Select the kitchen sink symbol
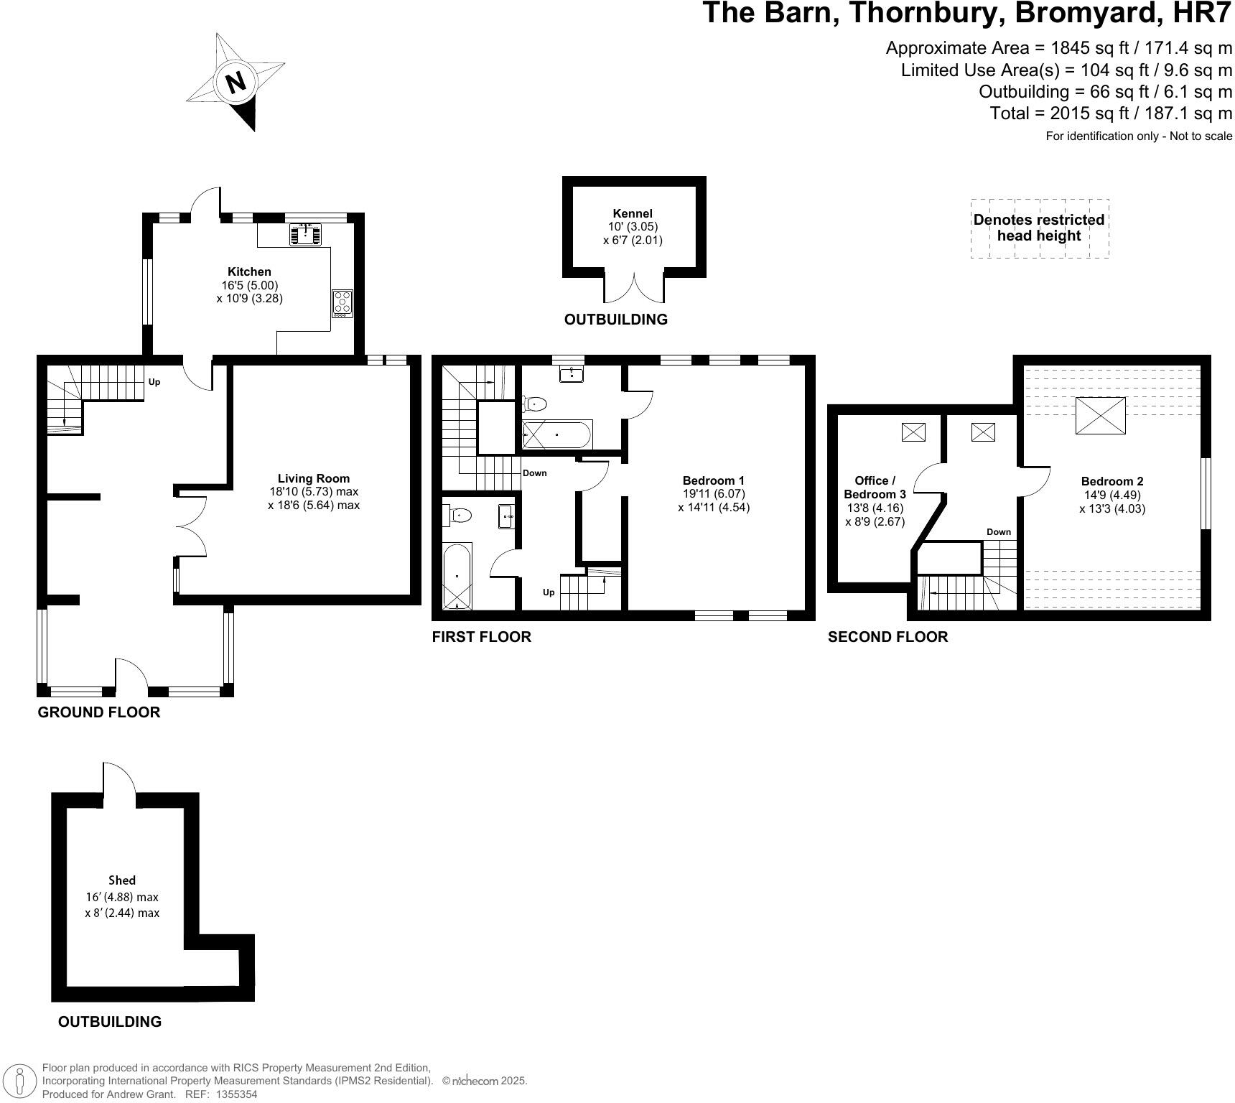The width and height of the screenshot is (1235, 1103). click(x=306, y=234)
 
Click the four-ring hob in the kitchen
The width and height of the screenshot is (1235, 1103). click(x=342, y=303)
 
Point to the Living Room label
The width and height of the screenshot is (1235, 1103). click(x=314, y=478)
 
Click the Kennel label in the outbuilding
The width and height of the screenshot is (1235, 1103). click(x=633, y=213)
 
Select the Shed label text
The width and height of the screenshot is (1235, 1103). click(x=122, y=880)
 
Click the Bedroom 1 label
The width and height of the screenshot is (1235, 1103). click(x=713, y=480)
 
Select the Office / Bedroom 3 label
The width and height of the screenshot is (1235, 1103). click(x=875, y=488)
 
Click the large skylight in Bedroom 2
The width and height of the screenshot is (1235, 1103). click(x=1101, y=415)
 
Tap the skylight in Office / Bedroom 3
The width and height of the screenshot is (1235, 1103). click(x=913, y=432)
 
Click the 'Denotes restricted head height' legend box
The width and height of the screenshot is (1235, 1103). click(x=1039, y=228)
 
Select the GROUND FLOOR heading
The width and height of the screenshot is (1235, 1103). click(x=99, y=712)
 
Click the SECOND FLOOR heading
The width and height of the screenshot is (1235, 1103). click(x=887, y=637)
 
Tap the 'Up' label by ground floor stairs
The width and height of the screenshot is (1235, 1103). click(x=154, y=382)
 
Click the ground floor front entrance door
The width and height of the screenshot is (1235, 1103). click(x=131, y=675)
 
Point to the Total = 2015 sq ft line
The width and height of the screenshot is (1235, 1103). click(x=1111, y=113)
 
